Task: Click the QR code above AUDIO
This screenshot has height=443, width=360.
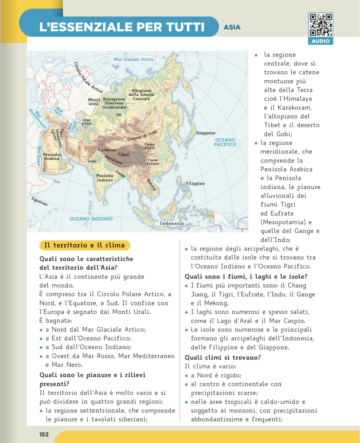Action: [320, 25]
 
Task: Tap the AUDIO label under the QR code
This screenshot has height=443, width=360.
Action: [320, 41]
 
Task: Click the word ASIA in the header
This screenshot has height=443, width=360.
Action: [232, 27]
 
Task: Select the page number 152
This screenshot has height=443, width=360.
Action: [44, 434]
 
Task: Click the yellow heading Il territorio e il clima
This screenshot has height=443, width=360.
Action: [84, 245]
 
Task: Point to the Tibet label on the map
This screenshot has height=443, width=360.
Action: [123, 155]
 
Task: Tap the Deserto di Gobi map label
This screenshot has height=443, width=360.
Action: [142, 136]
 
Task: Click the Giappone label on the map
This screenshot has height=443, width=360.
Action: [206, 133]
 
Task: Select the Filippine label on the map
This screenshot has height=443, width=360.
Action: [195, 184]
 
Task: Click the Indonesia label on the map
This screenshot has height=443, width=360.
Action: [172, 223]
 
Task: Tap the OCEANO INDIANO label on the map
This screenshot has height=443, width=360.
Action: [91, 219]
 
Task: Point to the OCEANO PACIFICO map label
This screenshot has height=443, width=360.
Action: [225, 142]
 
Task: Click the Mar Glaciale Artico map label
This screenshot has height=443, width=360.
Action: [134, 59]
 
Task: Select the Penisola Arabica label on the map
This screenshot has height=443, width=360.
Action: [51, 157]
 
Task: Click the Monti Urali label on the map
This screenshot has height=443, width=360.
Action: [94, 102]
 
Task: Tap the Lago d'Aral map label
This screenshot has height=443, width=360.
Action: [86, 122]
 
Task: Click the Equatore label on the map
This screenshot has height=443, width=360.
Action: [39, 201]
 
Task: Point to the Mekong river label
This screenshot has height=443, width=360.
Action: [151, 185]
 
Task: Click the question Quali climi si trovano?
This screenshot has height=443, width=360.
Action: [223, 358]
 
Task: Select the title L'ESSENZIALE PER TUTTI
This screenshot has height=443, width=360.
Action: [122, 27]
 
